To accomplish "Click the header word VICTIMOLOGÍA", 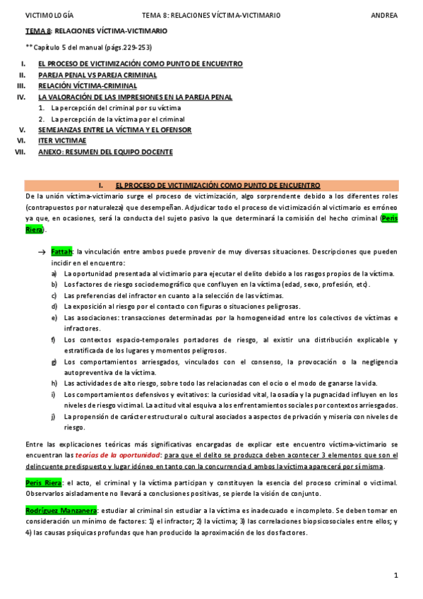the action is [49, 14].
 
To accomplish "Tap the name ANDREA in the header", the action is [383, 14].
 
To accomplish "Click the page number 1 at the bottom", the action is [396, 576].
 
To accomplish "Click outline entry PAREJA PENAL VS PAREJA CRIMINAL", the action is [97, 75].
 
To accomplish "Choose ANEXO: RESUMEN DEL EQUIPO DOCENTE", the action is [105, 151].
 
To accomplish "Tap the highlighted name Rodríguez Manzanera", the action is [61, 509].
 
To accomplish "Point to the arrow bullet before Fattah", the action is [42, 251].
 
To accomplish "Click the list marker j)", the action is [54, 416].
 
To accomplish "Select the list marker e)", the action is [54, 317].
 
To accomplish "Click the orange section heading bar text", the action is [211, 185].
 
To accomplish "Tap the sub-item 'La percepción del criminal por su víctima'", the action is [116, 108].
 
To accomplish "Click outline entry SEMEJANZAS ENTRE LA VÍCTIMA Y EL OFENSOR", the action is [114, 130].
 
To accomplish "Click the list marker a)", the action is [54, 273].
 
